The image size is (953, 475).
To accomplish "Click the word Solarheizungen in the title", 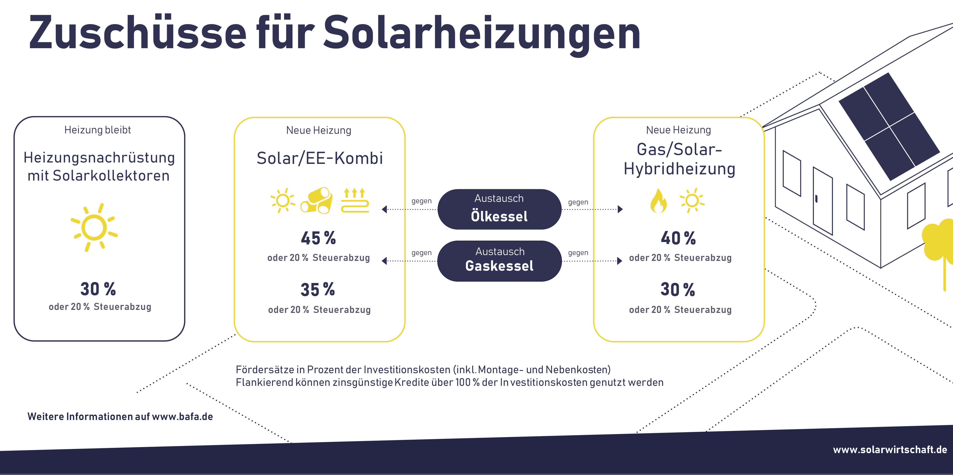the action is [x=482, y=34].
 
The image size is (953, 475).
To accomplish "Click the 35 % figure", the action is [x=317, y=289].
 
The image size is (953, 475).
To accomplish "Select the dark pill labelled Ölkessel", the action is [x=499, y=209].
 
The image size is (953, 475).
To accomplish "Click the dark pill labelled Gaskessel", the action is [x=499, y=261].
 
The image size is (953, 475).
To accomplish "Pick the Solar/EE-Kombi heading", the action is [x=320, y=158].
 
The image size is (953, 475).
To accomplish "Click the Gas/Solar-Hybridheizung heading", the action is [x=679, y=159].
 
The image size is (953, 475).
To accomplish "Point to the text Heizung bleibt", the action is [x=98, y=130].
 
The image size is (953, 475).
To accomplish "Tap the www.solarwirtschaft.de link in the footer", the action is [x=890, y=450].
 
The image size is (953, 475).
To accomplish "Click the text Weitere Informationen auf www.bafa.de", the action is [x=120, y=417].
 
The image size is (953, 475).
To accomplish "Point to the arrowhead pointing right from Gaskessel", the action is [x=620, y=261].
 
